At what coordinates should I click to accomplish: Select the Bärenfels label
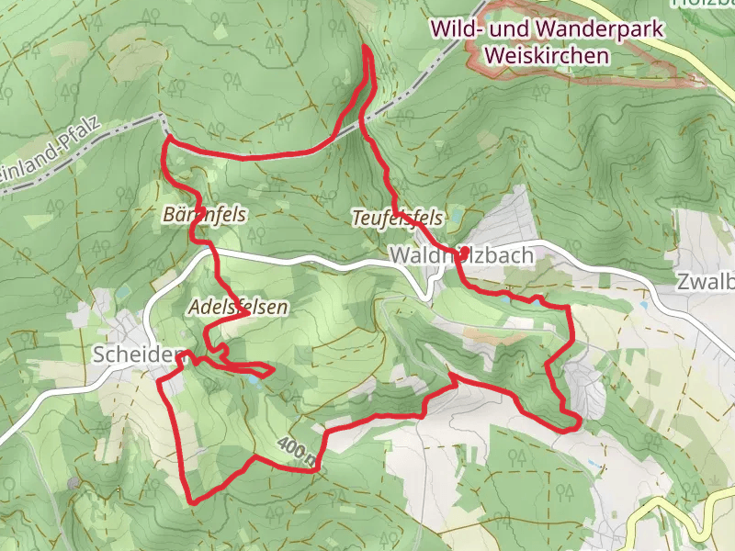(204, 215)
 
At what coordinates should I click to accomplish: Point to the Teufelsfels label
(398, 219)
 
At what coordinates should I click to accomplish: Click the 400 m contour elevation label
(297, 450)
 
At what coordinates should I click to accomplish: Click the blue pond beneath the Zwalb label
(646, 305)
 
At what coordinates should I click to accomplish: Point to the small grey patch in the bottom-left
(73, 481)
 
